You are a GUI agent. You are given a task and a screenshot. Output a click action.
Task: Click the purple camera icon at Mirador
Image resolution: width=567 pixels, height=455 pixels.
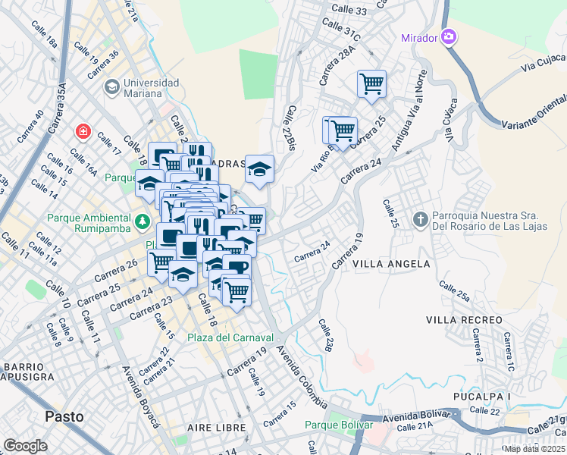click(x=449, y=36)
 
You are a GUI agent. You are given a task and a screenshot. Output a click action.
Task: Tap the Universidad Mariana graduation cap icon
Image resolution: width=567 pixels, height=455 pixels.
click(x=112, y=88)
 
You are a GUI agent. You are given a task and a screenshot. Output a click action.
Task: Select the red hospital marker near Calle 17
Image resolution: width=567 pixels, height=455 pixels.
click(x=82, y=133)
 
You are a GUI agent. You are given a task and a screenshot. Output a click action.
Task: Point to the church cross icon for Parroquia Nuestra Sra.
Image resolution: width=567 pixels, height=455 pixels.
click(x=421, y=219)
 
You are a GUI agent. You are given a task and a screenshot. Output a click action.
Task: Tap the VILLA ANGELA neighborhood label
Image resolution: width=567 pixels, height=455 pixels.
click(x=391, y=264)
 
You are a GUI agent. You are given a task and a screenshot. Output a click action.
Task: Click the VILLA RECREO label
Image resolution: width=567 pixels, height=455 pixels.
click(x=464, y=320)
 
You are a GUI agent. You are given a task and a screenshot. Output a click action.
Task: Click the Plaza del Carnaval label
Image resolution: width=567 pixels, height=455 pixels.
click(x=230, y=337)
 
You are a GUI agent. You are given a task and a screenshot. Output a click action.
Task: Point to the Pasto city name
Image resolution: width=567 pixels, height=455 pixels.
click(x=64, y=416)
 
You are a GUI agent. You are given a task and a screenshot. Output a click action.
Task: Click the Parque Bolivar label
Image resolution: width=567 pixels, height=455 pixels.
click(x=339, y=425)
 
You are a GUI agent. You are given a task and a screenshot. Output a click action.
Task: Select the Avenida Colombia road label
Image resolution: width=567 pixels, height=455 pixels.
click(x=301, y=377)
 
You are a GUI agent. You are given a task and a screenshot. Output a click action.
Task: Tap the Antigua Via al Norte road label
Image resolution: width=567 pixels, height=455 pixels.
click(x=408, y=111)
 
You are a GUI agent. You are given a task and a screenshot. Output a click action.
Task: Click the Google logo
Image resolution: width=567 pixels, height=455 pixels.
click(x=25, y=446)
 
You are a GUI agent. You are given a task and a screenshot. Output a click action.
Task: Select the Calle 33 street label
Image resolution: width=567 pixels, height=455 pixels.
click(x=350, y=11)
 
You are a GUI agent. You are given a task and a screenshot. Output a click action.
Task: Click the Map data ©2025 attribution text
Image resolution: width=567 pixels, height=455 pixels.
click(x=534, y=449)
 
